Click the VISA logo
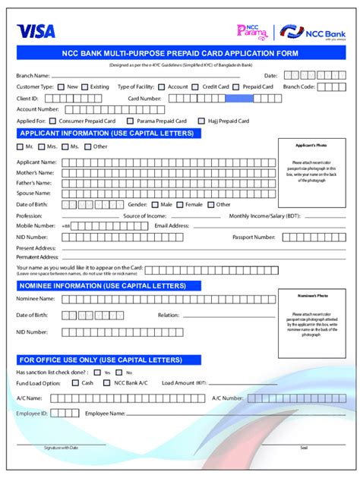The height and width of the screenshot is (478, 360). pos(36,31)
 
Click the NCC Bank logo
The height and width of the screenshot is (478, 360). pos(312,32)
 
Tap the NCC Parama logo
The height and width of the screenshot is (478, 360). pos(252,31)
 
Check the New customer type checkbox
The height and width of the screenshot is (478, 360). pos(61,87)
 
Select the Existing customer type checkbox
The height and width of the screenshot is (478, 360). pos(84,87)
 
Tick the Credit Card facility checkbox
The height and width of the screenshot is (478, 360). pos(196,87)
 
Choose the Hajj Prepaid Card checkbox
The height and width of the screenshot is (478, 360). pos(201,121)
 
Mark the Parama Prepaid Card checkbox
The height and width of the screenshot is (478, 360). pos(129,121)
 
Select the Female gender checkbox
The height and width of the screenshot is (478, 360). pos(179,204)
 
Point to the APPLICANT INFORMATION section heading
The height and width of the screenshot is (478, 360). pos(107,134)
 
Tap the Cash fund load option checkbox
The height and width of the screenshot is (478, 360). pos(74,383)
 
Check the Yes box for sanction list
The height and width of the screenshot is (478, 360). pos(97,373)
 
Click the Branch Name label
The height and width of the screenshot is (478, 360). pos(33,76)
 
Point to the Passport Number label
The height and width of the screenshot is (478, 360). pos(254,237)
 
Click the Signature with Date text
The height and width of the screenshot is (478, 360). pos(61,448)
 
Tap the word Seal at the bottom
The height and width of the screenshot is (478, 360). pos(304,448)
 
